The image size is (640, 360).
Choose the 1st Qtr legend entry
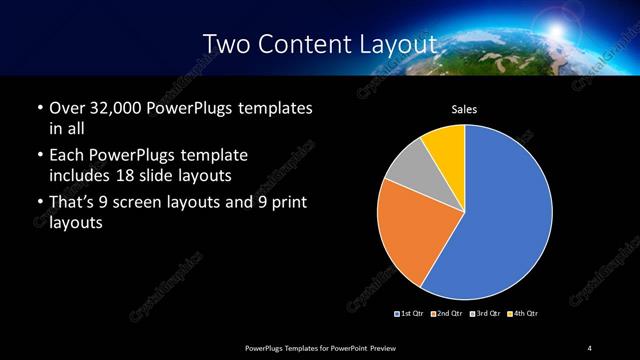coord(411,313)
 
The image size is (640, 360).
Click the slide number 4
coord(589,347)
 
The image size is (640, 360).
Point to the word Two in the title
coord(226,44)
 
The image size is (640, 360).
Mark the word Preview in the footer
coord(383,347)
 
